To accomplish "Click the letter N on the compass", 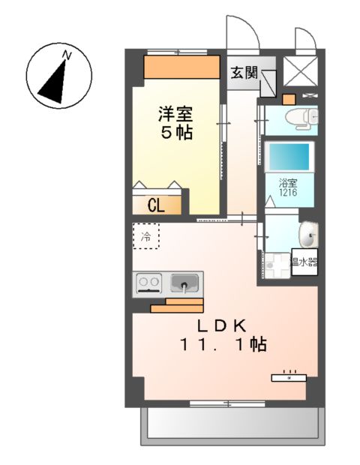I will (67, 55).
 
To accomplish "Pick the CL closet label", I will (157, 205).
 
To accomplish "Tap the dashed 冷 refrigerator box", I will (146, 237).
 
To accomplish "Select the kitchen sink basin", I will (184, 283).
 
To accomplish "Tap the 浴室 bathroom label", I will (288, 182).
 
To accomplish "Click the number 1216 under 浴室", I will (288, 193).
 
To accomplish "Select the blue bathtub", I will (289, 157).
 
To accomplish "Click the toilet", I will (304, 118).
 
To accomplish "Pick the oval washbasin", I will (307, 235).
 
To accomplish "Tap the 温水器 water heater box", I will (304, 262).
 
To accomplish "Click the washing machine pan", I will (276, 262).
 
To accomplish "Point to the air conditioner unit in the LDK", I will (289, 376).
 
